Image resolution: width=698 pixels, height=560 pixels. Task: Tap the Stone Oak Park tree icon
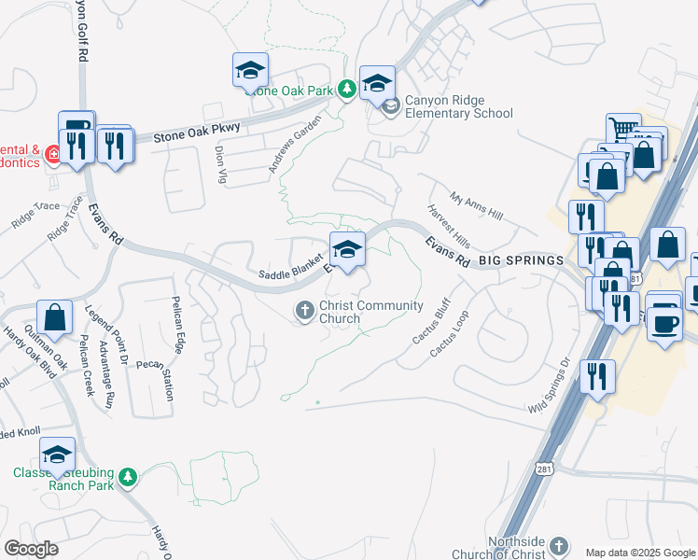pos(347,90)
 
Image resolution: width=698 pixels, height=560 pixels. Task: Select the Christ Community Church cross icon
pos(304,312)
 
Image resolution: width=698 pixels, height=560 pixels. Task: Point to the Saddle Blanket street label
pos(290,273)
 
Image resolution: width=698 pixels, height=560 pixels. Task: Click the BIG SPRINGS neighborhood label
pos(522,260)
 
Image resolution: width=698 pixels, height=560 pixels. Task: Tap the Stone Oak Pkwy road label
pos(185,132)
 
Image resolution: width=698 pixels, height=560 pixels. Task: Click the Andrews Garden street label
pos(295,144)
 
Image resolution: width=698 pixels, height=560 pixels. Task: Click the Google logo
pos(32,549)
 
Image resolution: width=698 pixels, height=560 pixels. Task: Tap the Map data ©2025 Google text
pos(639,553)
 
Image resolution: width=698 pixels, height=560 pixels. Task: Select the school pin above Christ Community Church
pos(347,249)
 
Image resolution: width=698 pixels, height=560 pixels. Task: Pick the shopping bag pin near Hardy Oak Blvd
pos(55,316)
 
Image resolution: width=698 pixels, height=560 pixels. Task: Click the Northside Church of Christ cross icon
pos(558,546)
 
